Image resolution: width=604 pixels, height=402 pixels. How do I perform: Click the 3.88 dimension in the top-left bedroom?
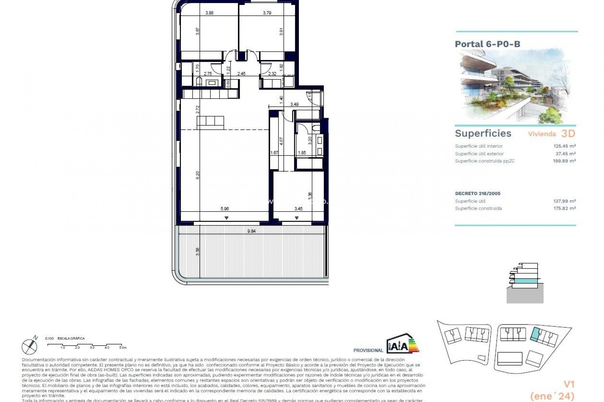coord(209,13)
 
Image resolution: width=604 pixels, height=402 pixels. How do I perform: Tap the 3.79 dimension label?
coord(267,13)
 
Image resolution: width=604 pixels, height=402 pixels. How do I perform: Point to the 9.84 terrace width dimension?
coord(251,231)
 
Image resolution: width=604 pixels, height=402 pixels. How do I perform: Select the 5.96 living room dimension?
coord(225,209)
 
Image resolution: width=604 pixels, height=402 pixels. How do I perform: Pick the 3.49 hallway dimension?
coord(294,104)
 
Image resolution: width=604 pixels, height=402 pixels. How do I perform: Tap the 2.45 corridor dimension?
coord(241,74)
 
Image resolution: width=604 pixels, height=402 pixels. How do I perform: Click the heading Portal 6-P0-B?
coord(487,44)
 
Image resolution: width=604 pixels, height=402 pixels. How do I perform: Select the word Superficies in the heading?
coord(483,133)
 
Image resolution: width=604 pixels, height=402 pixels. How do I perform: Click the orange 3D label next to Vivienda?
coord(568,134)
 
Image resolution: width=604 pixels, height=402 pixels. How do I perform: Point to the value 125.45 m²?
coord(564,146)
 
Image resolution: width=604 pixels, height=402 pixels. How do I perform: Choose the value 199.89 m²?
coord(564,161)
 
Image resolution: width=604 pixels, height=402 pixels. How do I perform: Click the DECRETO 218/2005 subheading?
coord(478,193)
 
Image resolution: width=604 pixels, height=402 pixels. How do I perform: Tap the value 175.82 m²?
coord(564,208)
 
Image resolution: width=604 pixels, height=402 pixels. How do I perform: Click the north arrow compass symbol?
coord(30,345)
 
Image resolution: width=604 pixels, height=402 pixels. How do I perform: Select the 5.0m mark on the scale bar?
coord(123,348)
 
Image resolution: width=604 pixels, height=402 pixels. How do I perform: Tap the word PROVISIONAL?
coord(368,350)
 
